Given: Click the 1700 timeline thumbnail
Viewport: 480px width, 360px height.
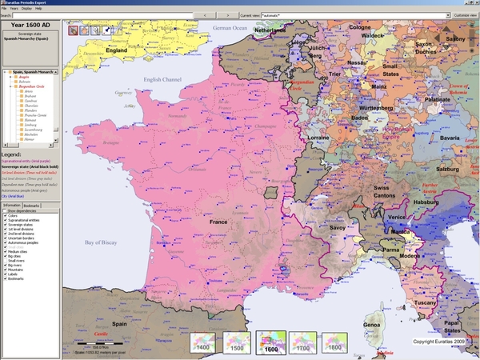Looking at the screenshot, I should click(302, 342).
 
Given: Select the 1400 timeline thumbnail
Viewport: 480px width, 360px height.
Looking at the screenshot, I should click(204, 342).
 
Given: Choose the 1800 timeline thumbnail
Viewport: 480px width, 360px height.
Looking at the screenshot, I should click(334, 342).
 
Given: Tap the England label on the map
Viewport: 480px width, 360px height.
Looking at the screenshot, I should click(117, 50).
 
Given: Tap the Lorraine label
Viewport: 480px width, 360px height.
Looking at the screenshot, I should click(318, 138).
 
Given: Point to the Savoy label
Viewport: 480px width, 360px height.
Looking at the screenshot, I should click(339, 228).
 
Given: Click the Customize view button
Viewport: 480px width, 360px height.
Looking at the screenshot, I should click(466, 15).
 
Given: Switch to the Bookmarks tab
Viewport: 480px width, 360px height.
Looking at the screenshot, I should click(33, 206).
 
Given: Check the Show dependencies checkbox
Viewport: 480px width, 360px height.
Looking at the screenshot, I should click(5, 210).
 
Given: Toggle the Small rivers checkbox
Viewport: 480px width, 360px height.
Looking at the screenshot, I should click(5, 262).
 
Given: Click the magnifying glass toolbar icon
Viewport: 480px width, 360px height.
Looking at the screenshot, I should click(95, 30).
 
